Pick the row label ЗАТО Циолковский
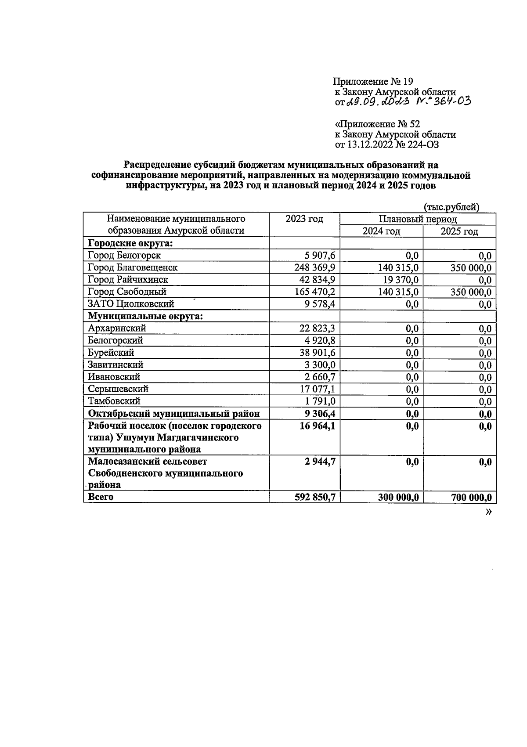131,304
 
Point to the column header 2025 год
459,231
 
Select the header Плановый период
418,219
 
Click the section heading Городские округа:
130,243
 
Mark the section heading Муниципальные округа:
145,316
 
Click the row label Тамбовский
114,401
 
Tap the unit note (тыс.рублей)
451,207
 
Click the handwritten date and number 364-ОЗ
408,102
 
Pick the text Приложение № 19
373,82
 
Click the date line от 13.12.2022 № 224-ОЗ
386,144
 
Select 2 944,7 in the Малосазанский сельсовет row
320,462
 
